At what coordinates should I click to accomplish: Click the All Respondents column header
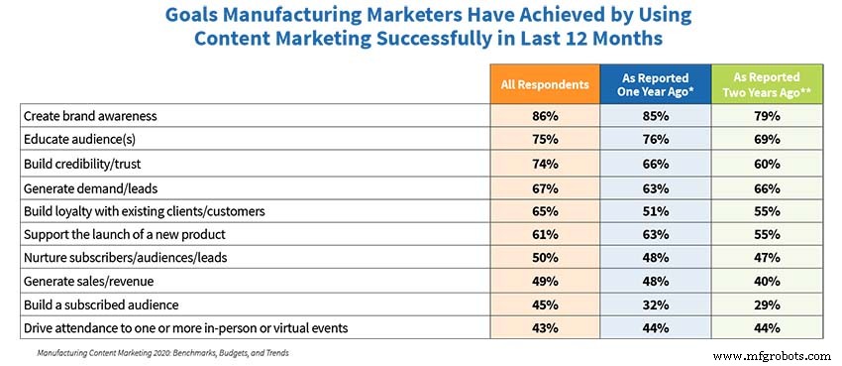coord(544,83)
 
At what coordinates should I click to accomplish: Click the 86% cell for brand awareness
coord(544,116)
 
